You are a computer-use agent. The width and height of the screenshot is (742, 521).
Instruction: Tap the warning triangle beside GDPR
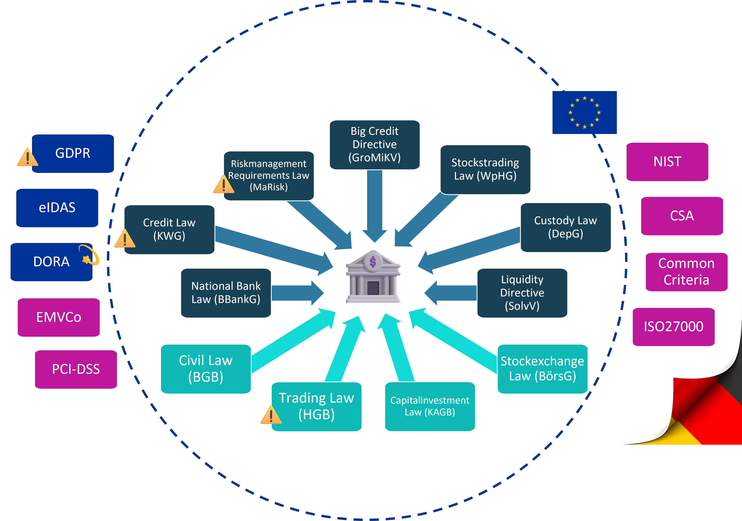coord(27,157)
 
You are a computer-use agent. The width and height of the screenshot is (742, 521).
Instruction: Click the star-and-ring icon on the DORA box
coord(89,256)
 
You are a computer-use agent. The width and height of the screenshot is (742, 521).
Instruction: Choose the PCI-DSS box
coord(76,369)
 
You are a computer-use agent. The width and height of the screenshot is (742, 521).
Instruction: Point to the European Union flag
coord(584,112)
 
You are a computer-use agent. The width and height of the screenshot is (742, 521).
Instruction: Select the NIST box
coord(667,162)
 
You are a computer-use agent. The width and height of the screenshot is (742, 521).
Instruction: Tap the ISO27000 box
coord(673,327)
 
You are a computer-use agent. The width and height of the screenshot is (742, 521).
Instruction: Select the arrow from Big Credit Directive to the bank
coord(375,204)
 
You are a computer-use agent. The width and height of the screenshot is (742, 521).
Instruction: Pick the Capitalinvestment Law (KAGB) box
coord(430,406)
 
